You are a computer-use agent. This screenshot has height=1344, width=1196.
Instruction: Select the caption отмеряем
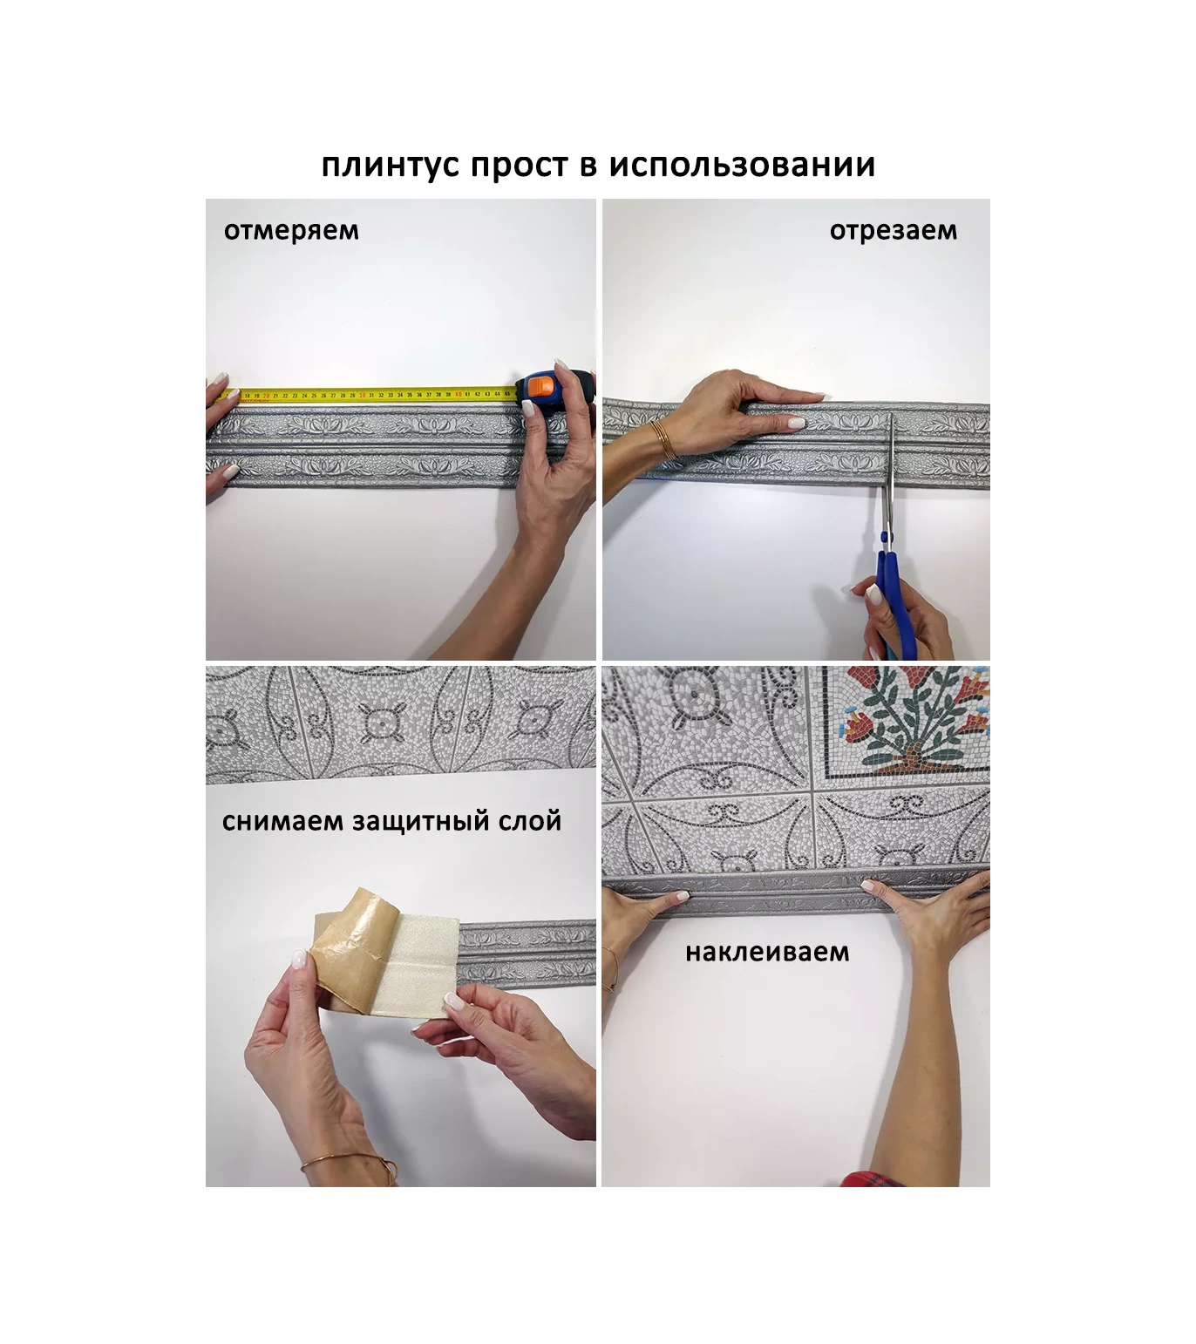tap(290, 231)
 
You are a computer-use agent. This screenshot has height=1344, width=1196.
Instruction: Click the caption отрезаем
tap(893, 231)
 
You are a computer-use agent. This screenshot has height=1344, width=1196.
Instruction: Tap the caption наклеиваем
tap(766, 953)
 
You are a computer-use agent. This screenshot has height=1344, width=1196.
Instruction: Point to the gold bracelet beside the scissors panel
tap(663, 439)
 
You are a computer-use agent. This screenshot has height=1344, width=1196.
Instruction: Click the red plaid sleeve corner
tap(873, 1179)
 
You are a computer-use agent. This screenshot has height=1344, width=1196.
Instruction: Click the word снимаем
tap(282, 822)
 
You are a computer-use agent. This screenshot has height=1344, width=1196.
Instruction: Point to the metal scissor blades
tap(890, 471)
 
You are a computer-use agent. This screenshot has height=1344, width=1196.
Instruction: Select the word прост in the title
tap(520, 166)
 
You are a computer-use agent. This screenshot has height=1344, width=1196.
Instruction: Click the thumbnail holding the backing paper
tap(299, 960)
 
